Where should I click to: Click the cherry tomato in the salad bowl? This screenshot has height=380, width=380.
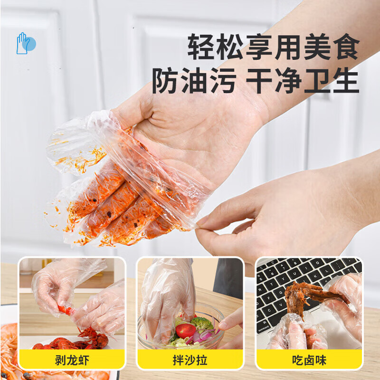tap(184, 331)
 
